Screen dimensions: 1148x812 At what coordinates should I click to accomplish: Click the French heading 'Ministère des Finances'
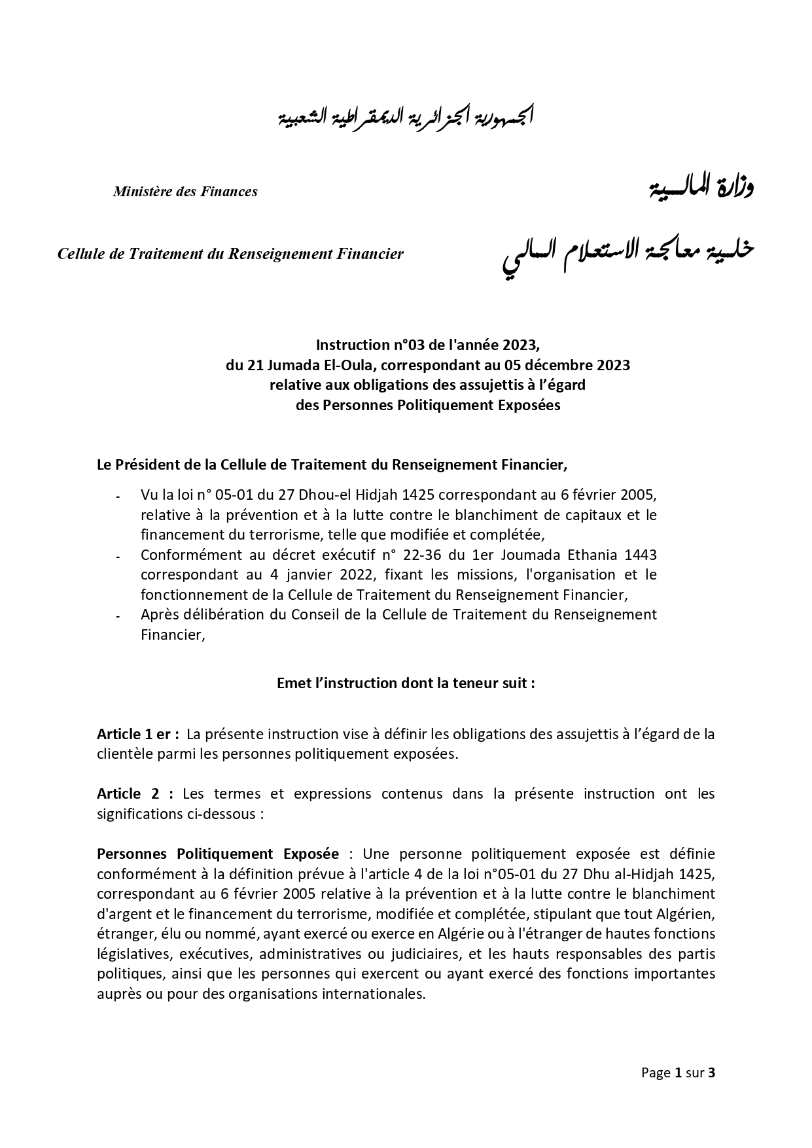point(185,192)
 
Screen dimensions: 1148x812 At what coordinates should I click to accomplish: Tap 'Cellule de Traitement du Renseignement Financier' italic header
point(230,254)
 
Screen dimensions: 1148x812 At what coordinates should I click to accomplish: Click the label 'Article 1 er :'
point(138,734)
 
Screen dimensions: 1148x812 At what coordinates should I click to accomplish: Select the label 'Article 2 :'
point(135,794)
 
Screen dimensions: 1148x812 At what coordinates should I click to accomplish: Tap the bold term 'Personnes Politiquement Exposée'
point(218,854)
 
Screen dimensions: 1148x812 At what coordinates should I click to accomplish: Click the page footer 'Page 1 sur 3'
point(678,1073)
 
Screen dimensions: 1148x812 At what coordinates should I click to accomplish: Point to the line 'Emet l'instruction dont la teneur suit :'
point(406,683)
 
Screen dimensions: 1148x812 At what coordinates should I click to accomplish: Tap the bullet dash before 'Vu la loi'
point(118,498)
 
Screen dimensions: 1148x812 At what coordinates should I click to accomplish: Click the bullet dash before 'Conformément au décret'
point(118,557)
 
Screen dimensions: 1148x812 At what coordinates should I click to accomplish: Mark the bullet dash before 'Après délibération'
point(118,617)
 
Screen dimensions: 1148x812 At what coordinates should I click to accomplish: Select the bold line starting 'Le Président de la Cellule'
point(332,465)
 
